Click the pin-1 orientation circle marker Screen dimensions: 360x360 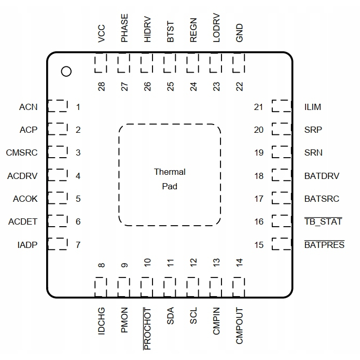click(x=66, y=72)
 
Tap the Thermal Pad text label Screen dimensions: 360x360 click(x=170, y=178)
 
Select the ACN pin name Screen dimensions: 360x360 click(x=28, y=107)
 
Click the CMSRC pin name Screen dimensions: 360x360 click(x=22, y=153)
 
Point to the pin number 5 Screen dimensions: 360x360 click(x=78, y=199)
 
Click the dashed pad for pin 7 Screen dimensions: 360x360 click(x=58, y=244)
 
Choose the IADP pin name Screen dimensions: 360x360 click(x=27, y=244)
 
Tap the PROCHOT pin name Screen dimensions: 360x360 click(x=147, y=328)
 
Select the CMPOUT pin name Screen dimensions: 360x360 click(x=239, y=326)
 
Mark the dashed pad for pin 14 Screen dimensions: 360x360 click(x=239, y=286)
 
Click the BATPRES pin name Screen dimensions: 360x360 click(x=324, y=244)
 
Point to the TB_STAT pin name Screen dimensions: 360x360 click(x=323, y=221)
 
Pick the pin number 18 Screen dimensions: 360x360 click(x=259, y=176)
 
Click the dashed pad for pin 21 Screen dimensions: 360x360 click(x=282, y=107)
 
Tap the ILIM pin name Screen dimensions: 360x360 click(x=313, y=107)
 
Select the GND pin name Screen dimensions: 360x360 click(x=239, y=32)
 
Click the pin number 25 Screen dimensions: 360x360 click(x=170, y=87)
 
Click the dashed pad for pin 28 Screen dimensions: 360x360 click(x=101, y=65)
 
